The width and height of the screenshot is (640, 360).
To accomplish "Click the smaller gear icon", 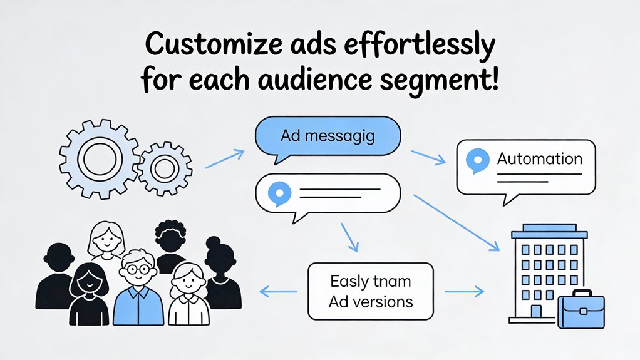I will tap(164, 168).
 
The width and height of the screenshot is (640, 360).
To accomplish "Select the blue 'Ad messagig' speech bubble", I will tap(328, 136).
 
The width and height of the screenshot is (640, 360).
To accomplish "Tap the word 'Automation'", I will tap(539, 159).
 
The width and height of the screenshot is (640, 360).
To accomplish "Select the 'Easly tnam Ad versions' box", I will tap(370, 291).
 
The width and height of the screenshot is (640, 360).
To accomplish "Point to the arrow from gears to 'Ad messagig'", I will tap(224, 158).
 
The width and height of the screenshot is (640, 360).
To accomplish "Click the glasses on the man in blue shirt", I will tap(135, 269).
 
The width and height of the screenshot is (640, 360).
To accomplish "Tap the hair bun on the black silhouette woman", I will tap(213, 242).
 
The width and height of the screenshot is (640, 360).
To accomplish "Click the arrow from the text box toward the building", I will tap(464, 291).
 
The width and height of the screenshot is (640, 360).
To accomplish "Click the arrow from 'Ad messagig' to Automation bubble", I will tap(428, 157).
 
